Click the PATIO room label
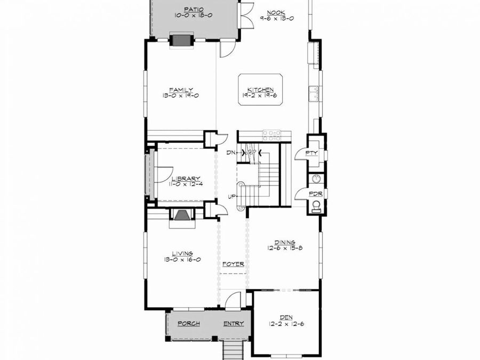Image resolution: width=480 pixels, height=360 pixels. click(190, 10)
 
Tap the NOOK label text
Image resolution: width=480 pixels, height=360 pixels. click(276, 12)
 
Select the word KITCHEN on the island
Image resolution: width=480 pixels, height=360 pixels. click(260, 90)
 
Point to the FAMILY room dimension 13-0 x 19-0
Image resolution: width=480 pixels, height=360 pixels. click(181, 96)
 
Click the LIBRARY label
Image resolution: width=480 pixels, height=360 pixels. click(186, 178)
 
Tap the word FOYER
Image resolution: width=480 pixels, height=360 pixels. click(233, 264)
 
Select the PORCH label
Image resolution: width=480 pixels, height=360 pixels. click(188, 323)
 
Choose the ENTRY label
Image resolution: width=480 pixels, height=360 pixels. click(233, 323)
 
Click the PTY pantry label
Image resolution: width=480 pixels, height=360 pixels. click(311, 153)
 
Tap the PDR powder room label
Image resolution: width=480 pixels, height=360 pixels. click(315, 194)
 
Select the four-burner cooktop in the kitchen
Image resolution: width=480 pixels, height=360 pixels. click(271, 134)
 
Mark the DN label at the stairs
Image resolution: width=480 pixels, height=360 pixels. click(230, 153)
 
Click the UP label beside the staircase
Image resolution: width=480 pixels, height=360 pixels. click(232, 197)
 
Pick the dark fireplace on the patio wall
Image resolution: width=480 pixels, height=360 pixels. click(181, 41)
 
